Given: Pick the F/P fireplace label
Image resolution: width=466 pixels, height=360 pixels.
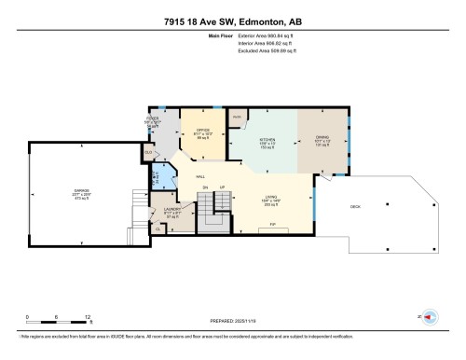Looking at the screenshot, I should pyautogui.click(x=272, y=225).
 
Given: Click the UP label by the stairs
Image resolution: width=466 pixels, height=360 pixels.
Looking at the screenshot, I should pyautogui.click(x=222, y=187).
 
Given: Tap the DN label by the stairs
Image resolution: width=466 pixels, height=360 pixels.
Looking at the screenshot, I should pyautogui.click(x=205, y=187).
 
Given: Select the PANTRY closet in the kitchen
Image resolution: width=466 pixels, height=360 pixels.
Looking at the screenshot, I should pyautogui.click(x=238, y=118).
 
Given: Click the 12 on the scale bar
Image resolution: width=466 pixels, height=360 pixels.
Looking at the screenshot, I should pyautogui.click(x=88, y=317).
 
